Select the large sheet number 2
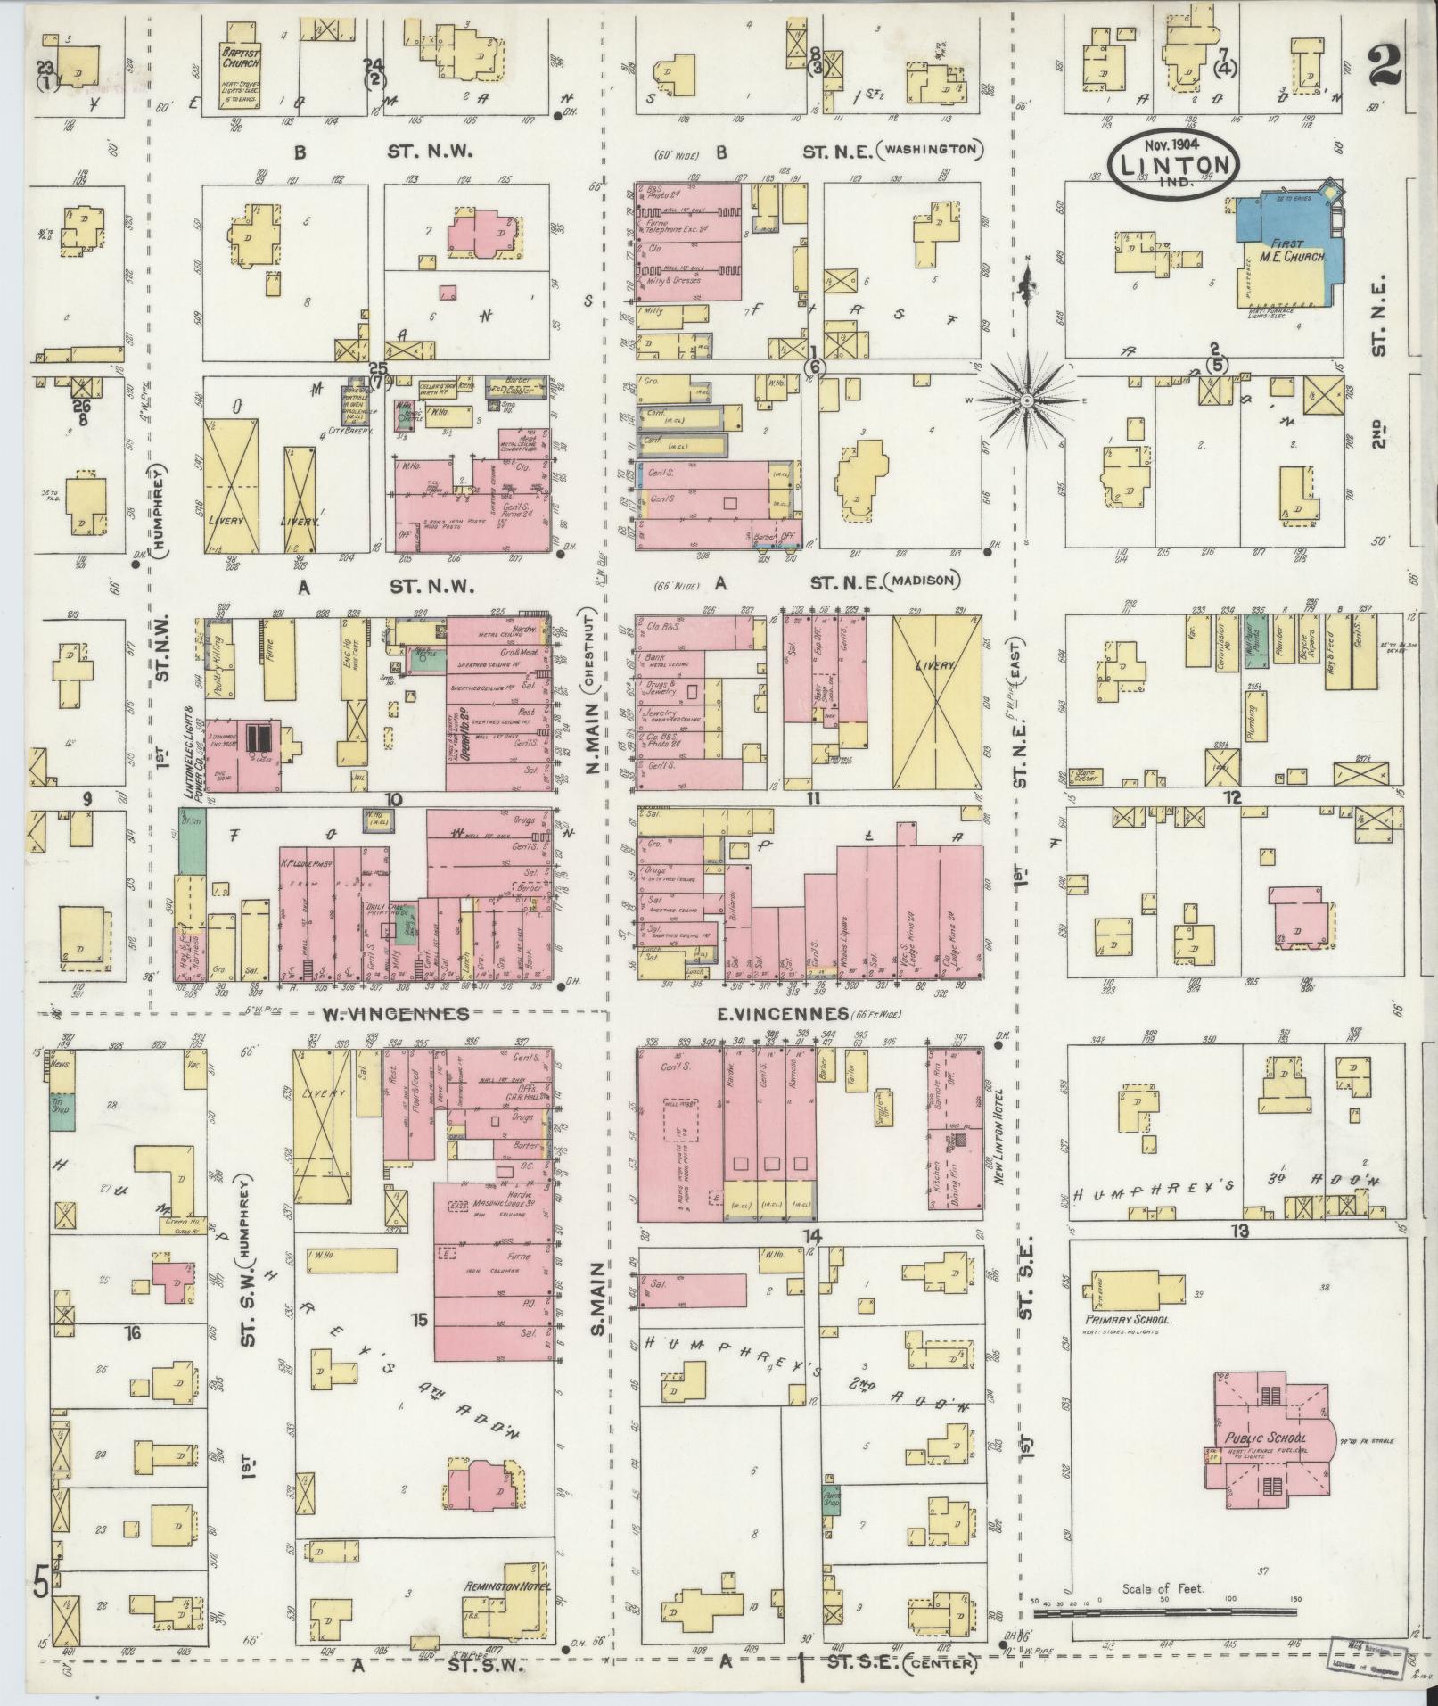pos(1385,64)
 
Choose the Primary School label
pos(1128,1320)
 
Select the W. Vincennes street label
pos(396,1014)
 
